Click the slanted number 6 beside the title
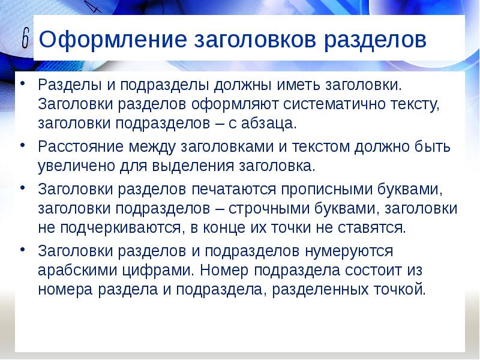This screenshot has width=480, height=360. click(25, 40)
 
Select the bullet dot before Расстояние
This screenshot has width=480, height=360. click(23, 145)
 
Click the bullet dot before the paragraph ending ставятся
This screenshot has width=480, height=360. click(23, 188)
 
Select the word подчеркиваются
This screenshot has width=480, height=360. click(119, 229)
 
